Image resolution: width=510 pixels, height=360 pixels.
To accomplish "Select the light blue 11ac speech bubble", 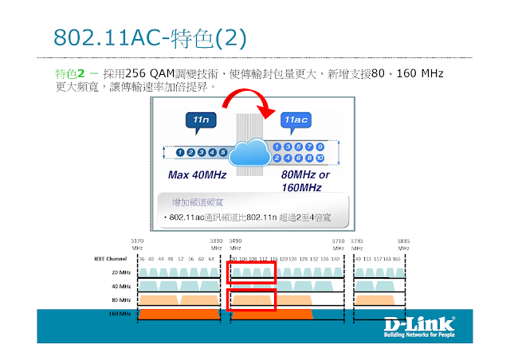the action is (x=294, y=121).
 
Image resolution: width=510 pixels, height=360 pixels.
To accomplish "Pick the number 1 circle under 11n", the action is (x=182, y=152).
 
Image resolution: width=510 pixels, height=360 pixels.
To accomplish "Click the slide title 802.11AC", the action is (x=95, y=38).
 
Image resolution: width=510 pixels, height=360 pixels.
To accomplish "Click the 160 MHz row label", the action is (x=119, y=314).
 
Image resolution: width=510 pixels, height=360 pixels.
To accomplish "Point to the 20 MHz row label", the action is (x=121, y=272).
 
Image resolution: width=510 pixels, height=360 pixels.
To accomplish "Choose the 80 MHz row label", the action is (x=121, y=300).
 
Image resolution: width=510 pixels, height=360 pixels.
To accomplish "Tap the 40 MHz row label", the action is (x=121, y=286).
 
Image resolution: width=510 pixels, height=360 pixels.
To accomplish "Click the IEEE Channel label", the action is (x=112, y=258).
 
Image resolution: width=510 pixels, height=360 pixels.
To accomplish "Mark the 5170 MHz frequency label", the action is (x=137, y=244).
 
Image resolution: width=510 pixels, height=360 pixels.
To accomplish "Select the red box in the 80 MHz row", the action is (x=252, y=300).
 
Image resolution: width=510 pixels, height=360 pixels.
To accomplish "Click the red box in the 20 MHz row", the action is (x=252, y=272).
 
